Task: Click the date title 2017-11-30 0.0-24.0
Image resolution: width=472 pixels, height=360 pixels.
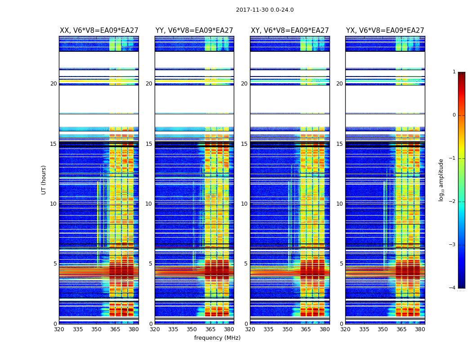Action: click(265, 10)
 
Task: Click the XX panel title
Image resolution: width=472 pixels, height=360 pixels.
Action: click(99, 31)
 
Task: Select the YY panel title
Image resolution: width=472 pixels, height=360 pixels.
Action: click(194, 31)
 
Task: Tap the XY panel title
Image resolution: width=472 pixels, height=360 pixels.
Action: click(290, 31)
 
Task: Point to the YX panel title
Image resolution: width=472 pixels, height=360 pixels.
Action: click(385, 31)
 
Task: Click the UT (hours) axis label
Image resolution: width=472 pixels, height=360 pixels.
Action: click(44, 180)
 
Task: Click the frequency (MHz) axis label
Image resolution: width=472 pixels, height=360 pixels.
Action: click(217, 338)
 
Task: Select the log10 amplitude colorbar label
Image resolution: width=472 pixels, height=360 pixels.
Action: click(441, 180)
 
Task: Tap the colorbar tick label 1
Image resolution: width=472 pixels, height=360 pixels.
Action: click(454, 72)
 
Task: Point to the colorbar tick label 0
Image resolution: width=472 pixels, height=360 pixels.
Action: click(454, 115)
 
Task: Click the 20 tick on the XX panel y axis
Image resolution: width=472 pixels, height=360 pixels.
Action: click(53, 84)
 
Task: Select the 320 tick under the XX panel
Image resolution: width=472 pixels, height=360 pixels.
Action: click(59, 329)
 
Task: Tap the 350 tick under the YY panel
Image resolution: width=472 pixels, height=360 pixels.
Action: click(192, 329)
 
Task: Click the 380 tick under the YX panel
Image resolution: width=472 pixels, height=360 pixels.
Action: click(420, 329)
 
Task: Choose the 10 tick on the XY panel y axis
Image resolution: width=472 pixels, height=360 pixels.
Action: click(244, 204)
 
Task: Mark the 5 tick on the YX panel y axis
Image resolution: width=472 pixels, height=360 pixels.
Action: click(341, 264)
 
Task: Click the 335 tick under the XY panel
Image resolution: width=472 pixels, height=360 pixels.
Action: click(269, 329)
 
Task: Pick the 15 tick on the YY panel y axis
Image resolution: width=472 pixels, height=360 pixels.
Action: click(149, 144)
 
